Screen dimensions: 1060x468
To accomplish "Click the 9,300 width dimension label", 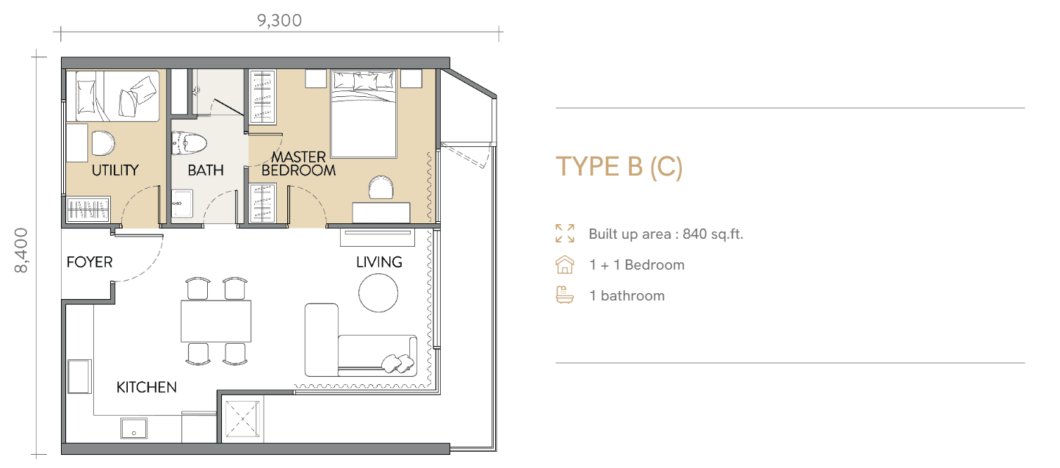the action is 279,21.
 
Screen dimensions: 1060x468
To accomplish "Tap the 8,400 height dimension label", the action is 21,251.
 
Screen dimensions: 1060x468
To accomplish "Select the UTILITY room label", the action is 115,170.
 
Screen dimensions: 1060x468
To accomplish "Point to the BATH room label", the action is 206,170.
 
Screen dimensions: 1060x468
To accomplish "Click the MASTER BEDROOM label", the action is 298,163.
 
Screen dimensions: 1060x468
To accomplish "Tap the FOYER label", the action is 90,262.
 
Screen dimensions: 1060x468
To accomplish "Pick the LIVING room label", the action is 379,262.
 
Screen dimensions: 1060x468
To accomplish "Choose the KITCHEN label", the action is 146,387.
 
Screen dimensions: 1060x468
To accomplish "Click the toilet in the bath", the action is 189,143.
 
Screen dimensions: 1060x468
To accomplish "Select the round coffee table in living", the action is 378,293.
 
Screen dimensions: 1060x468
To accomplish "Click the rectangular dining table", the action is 216,321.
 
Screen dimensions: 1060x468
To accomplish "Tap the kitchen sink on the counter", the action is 134,428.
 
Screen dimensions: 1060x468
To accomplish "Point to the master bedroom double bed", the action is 364,114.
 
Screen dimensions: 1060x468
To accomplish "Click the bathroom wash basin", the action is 181,204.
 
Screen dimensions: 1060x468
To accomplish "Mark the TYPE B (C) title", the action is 619,167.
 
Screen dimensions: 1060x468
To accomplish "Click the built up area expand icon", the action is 565,234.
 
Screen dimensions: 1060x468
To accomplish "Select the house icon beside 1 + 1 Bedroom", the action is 565,264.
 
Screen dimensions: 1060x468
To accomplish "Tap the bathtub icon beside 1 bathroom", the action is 565,295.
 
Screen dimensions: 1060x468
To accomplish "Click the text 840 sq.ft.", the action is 713,234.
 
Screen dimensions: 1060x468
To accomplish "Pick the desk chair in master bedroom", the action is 381,187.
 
